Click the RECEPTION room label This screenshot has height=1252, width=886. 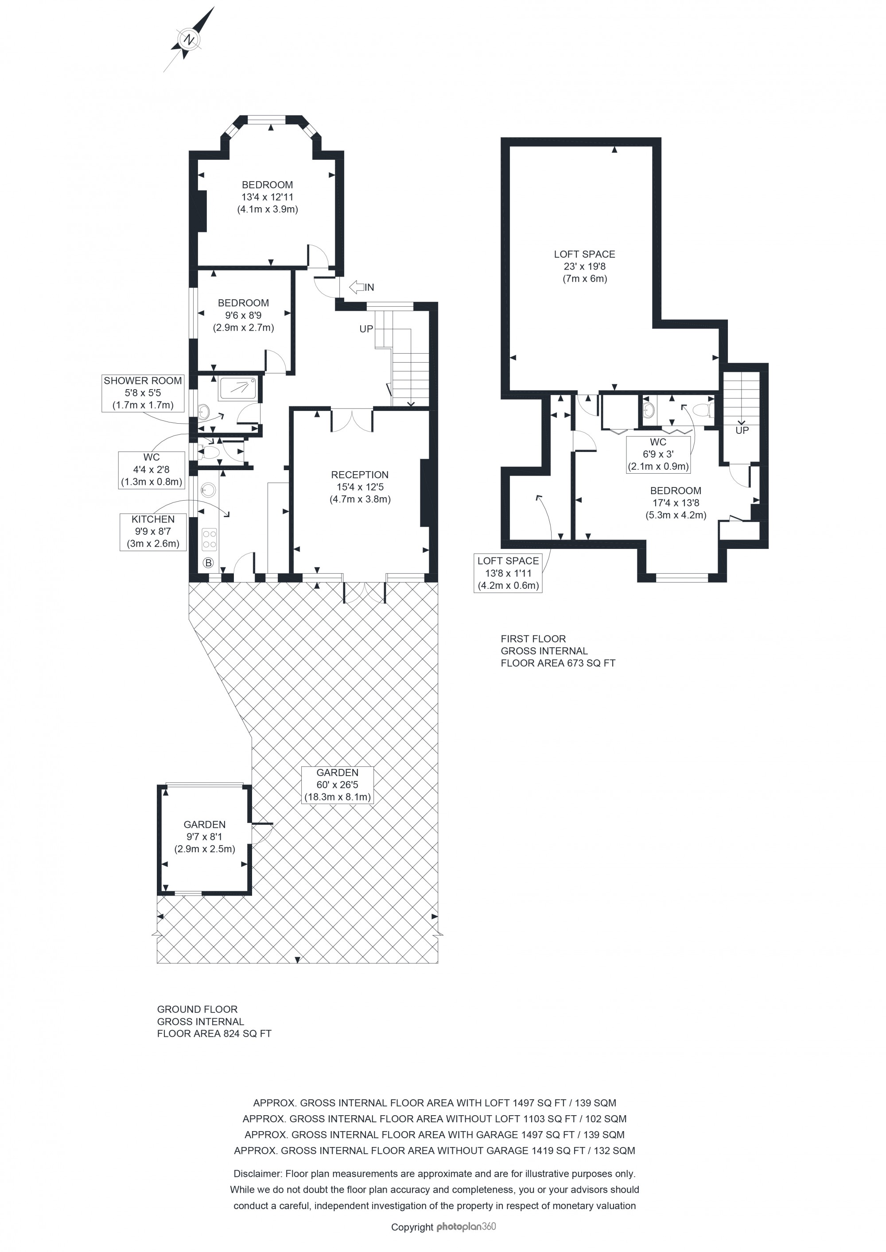point(360,487)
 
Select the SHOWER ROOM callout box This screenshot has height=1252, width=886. point(143,393)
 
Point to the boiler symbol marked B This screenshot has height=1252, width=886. point(208,562)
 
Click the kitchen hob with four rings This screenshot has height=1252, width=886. point(210,540)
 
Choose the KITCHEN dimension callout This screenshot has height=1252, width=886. point(153,532)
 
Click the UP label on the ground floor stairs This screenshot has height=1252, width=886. point(366,329)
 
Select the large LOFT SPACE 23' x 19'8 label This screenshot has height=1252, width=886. point(584,266)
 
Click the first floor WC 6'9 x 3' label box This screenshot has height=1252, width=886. point(658,454)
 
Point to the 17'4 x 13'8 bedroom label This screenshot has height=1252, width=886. point(676,503)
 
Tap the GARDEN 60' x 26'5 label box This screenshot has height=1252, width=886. point(338,784)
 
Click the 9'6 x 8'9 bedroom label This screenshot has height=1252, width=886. point(243,315)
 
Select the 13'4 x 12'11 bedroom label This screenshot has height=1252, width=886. point(267,197)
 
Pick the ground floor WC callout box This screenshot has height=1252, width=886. point(151,469)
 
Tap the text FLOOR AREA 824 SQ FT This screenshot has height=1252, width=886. point(214,1033)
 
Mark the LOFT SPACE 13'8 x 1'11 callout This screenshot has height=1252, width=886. point(508,573)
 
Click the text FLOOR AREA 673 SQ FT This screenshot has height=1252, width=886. point(558,663)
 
